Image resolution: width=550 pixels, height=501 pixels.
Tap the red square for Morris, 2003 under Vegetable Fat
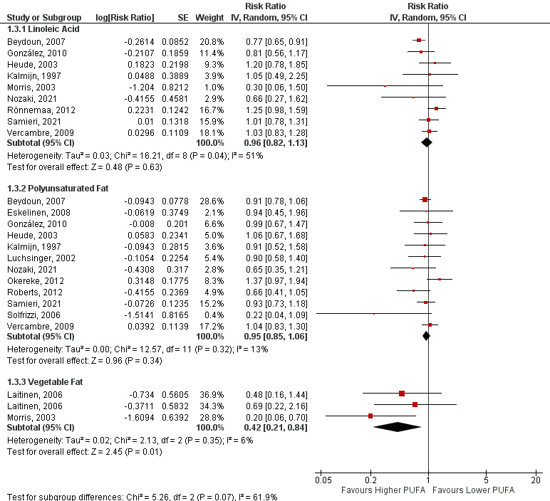[370, 416]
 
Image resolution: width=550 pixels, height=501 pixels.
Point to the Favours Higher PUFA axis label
[380, 491]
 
